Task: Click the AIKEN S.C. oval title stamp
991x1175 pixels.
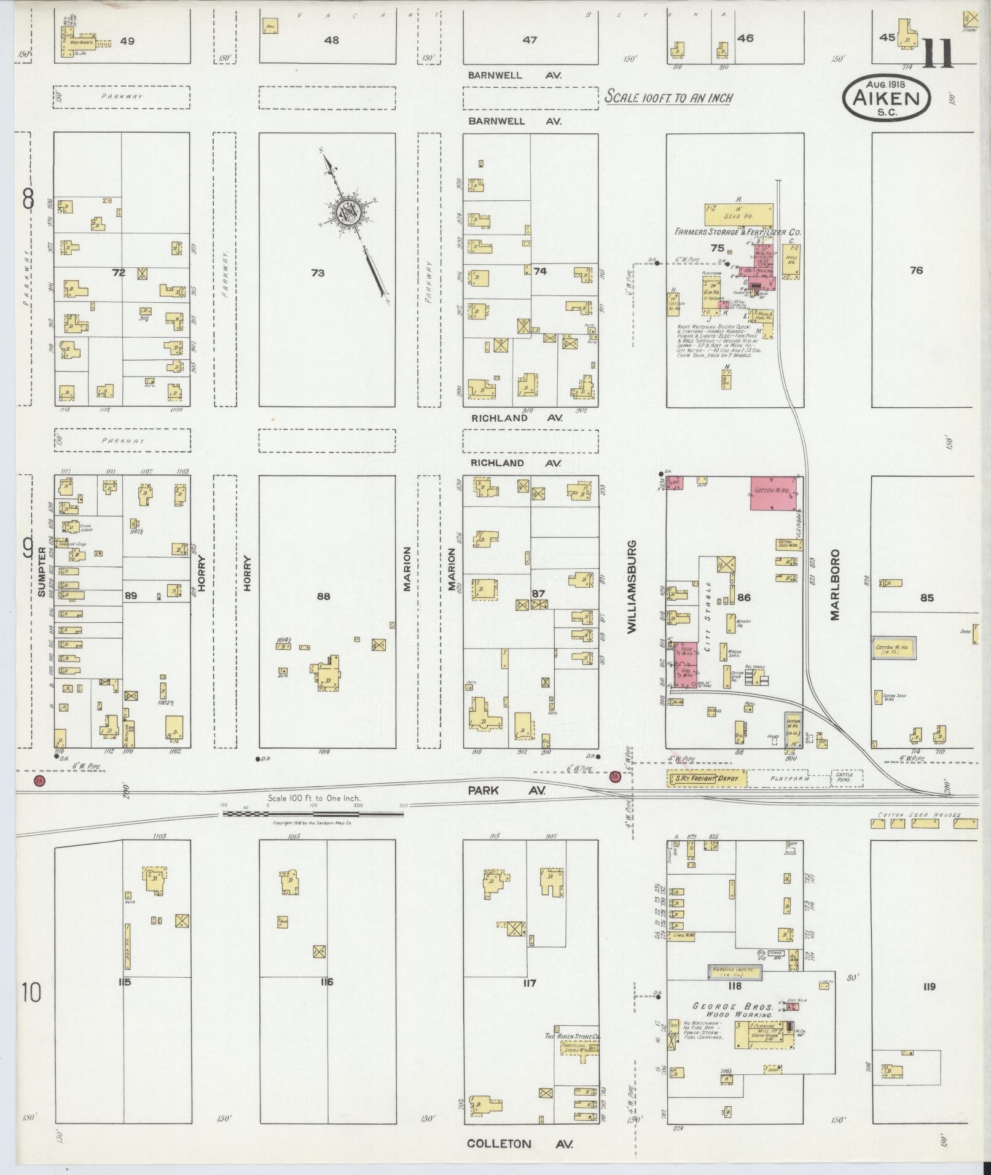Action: [x=887, y=98]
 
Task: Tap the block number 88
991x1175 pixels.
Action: [x=323, y=596]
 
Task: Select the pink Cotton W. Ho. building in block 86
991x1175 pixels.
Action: [x=774, y=493]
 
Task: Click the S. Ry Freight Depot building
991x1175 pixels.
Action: [x=707, y=779]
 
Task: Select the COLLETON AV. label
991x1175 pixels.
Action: [x=520, y=1144]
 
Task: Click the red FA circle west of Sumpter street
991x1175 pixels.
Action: [x=40, y=780]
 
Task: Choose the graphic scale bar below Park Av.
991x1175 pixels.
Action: [x=312, y=813]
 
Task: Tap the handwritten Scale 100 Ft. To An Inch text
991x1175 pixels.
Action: [x=668, y=97]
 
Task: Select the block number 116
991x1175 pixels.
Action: [x=326, y=982]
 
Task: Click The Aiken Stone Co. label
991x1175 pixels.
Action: [x=572, y=1036]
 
